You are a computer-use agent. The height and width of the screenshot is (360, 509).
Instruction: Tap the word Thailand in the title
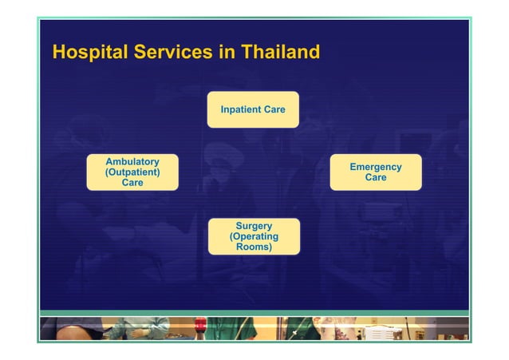click(x=279, y=53)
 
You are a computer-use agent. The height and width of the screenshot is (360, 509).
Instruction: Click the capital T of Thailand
click(x=244, y=53)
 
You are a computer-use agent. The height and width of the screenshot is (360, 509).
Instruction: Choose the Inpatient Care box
click(x=253, y=109)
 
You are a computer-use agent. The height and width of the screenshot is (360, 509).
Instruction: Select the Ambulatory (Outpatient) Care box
click(x=132, y=172)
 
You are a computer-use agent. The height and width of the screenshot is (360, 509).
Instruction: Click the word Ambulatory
click(x=132, y=162)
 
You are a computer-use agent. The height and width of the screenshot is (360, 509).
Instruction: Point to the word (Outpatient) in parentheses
click(x=132, y=172)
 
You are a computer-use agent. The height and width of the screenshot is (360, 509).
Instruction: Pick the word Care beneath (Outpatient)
click(x=132, y=183)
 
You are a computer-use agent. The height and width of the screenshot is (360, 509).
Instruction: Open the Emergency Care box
click(x=375, y=172)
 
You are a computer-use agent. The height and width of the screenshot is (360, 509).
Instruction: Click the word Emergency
click(x=375, y=167)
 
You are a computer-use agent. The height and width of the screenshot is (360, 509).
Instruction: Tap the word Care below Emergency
click(x=375, y=177)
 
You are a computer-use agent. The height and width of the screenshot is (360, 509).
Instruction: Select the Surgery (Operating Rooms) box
click(x=254, y=236)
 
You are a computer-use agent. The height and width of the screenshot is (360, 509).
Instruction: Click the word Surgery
click(x=254, y=226)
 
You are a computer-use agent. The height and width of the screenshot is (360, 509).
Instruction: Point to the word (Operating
click(x=254, y=236)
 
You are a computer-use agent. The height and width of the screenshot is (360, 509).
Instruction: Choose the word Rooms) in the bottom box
click(x=254, y=247)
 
